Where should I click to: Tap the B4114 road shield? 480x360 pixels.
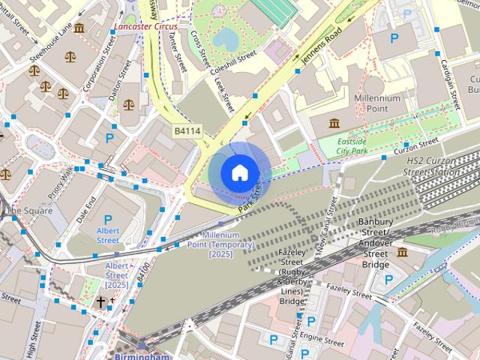(187, 131)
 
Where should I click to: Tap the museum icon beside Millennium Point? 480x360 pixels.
(333, 122)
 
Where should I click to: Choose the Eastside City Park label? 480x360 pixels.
(353, 145)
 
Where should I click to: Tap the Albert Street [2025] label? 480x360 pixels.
(117, 275)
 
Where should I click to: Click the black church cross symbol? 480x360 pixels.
(101, 301)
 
